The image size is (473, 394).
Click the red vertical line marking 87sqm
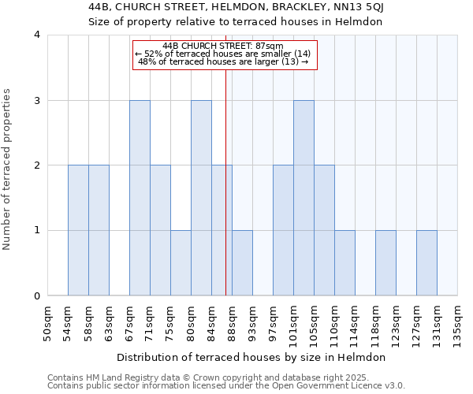click(x=226, y=181)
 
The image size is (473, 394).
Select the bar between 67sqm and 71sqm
click(x=140, y=198)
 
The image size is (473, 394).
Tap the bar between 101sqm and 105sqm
click(x=304, y=198)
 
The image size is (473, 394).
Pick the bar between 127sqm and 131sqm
click(x=426, y=263)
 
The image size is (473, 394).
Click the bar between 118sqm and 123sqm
click(x=385, y=263)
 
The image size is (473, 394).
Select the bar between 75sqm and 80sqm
click(x=181, y=263)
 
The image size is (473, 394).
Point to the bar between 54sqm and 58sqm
click(x=78, y=230)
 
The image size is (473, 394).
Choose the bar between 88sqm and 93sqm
click(x=242, y=263)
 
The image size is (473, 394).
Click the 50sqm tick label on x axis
click(x=48, y=324)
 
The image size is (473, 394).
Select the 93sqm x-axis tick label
click(x=253, y=324)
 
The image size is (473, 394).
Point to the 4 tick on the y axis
click(x=37, y=35)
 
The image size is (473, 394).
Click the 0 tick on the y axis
click(x=37, y=296)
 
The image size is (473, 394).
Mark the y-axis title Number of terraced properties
click(x=8, y=169)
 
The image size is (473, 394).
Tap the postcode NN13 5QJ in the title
click(x=353, y=8)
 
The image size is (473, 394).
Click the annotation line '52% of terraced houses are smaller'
click(x=225, y=54)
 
